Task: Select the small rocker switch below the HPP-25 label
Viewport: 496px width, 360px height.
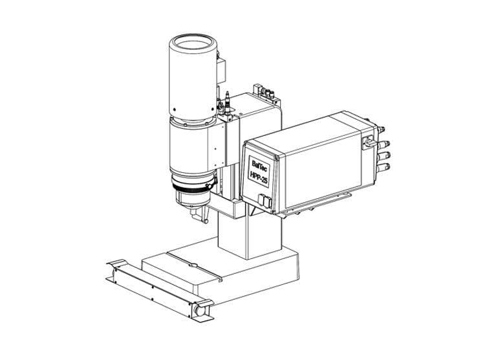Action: coord(262,199)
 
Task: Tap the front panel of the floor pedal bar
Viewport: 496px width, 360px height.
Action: coord(152,289)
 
